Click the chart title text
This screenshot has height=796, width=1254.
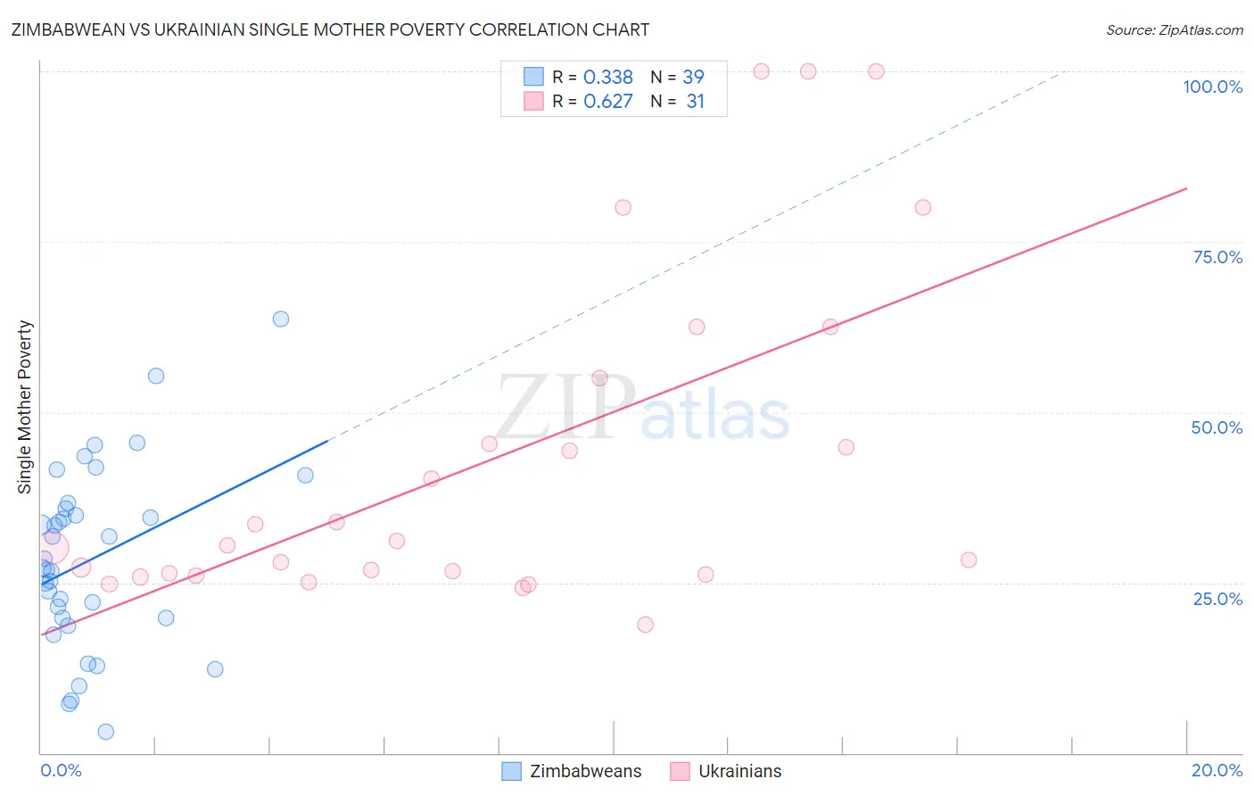coord(330,29)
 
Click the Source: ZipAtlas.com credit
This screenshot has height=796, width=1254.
coord(1174,29)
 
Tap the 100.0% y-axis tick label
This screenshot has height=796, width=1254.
coord(1212,87)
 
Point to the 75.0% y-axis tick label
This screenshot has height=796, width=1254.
coord(1217,257)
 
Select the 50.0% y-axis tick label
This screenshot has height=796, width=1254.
coord(1217,427)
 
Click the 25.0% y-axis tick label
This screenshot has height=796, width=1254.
coord(1217,599)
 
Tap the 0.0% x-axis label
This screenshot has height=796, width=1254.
coord(61,770)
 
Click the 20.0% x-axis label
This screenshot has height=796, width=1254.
coord(1217,770)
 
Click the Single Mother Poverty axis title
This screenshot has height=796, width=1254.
coord(25,407)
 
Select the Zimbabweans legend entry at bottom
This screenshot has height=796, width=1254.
coord(572,771)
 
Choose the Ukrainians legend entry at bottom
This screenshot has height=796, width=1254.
coord(726,771)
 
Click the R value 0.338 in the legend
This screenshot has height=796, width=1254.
coord(607,78)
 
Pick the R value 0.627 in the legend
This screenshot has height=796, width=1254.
coord(607,102)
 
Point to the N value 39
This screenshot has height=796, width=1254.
coord(693,78)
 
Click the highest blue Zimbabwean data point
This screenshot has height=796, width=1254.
coord(281,319)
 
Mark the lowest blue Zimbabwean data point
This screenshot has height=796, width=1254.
coord(105,732)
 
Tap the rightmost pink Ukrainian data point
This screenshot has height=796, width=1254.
coord(969,560)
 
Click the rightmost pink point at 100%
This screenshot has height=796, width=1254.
coord(876,71)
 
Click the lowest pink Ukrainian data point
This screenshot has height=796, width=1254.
coord(646,625)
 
